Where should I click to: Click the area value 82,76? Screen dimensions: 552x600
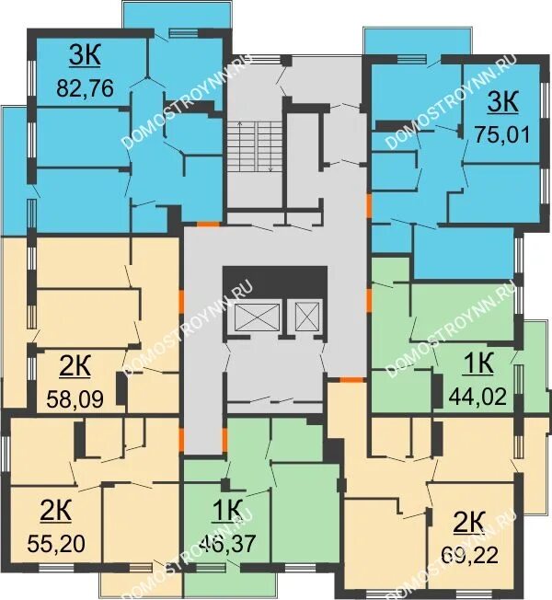pos(85,88)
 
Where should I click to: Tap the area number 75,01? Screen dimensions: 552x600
pos(502,134)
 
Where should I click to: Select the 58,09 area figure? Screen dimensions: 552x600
pos(75,399)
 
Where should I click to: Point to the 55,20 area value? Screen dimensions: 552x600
pos(56,543)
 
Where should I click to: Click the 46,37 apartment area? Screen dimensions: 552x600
pos(227,543)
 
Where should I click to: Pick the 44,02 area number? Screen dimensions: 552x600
pos(477,396)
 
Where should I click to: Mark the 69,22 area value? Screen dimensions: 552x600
pos(470,555)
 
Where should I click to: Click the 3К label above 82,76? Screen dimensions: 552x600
pos(85,56)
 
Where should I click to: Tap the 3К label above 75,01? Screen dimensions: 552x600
pos(502,102)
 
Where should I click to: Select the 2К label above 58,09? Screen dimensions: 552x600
pos(75,367)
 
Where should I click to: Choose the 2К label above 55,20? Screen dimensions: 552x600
pos(56,512)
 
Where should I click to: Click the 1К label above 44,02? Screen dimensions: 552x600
pos(478,363)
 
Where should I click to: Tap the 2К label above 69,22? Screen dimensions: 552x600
pos(469,522)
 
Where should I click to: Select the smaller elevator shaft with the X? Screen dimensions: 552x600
pos(307,316)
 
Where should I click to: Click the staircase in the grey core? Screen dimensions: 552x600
pos(255,146)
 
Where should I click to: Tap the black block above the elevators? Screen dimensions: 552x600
pos(275,283)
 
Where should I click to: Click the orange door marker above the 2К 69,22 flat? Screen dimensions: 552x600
pos(351,379)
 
